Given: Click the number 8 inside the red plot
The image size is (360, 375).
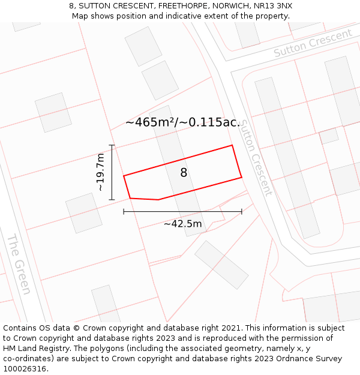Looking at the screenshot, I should tap(184, 173).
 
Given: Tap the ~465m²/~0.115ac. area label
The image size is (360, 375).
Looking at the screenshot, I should tap(182, 122).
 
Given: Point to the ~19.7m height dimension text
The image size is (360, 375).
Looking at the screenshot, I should tap(100, 172).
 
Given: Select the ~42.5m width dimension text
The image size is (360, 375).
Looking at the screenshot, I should tap(182, 224).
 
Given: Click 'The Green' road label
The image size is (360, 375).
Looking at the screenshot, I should tap(19, 264).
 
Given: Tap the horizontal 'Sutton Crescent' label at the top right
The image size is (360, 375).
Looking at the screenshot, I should tap(313, 43).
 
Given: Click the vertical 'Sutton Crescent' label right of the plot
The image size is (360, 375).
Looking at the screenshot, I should tap(256, 158).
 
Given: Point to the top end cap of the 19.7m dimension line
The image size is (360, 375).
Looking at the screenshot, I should tap(112, 145).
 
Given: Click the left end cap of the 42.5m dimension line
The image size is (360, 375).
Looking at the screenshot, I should tap(124, 211).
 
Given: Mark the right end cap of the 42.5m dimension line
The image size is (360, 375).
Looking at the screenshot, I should tap(242, 211).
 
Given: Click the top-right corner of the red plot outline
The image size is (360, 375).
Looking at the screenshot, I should tap(232, 145).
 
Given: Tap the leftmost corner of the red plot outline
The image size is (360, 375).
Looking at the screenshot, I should tap(124, 176).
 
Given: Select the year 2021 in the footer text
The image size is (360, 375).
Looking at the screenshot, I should tap(231, 328).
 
